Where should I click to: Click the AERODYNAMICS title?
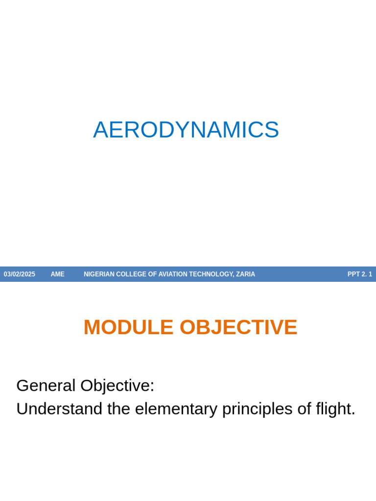click(x=186, y=130)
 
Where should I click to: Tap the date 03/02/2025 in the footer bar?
click(x=20, y=274)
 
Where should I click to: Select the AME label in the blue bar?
click(x=57, y=274)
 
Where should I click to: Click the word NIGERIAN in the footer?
click(x=99, y=274)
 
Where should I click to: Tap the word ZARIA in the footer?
click(x=245, y=274)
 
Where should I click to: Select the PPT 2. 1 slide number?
click(x=360, y=274)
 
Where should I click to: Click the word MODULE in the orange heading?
click(x=128, y=327)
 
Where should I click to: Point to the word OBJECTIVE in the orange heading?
click(x=238, y=327)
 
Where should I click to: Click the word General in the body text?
click(x=46, y=386)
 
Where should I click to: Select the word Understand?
click(x=59, y=409)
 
